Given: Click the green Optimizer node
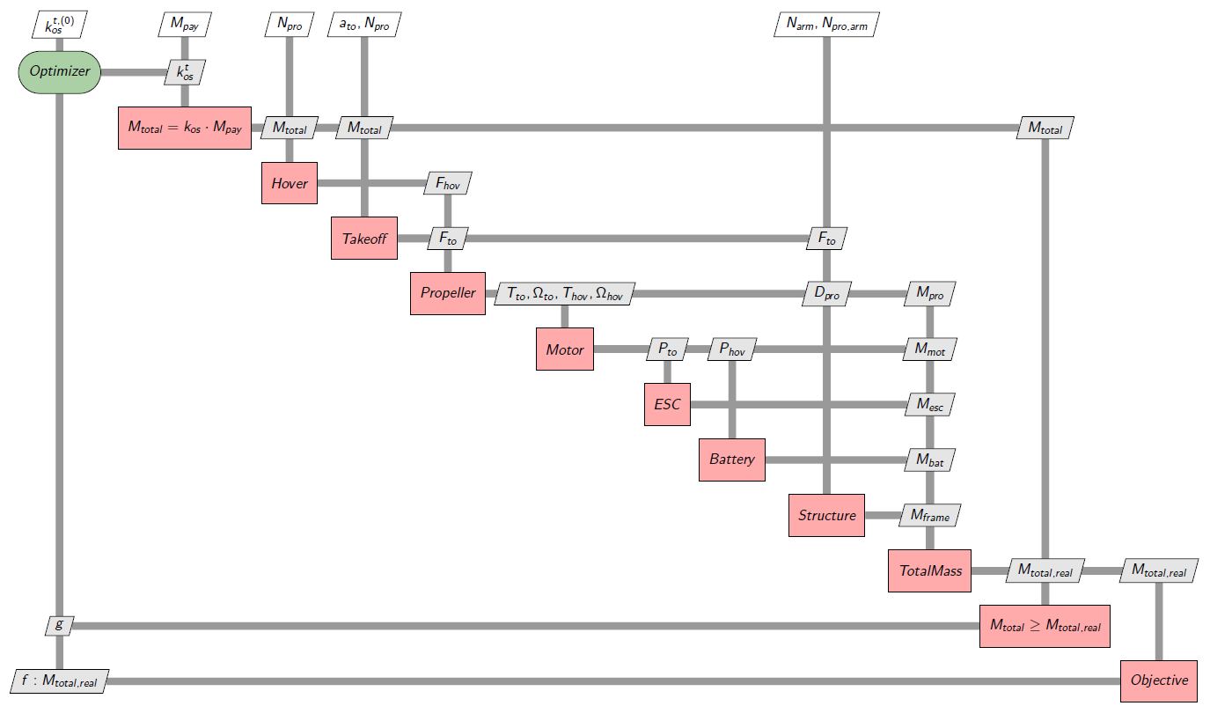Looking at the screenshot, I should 60,71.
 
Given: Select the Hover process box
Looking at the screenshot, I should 290,183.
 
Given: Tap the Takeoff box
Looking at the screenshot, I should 364,238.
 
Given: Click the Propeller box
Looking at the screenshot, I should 447,293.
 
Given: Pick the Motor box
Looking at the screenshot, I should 565,349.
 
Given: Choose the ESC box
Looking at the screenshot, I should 667,404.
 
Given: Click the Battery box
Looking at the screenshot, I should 732,460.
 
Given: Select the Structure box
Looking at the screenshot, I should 826,515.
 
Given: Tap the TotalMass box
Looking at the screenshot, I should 930,570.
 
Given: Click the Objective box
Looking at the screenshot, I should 1159,680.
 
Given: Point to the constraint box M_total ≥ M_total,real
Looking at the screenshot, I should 1045,626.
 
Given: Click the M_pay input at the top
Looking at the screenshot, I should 184,26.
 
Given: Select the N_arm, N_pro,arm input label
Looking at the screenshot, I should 826,26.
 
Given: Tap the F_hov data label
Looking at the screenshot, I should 448,183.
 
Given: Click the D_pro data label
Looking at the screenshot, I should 826,293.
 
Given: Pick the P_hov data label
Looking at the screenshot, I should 732,349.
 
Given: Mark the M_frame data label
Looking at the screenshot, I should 930,515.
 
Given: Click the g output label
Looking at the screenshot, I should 59,625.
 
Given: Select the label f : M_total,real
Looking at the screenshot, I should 59,680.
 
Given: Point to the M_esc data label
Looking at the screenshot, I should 930,404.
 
